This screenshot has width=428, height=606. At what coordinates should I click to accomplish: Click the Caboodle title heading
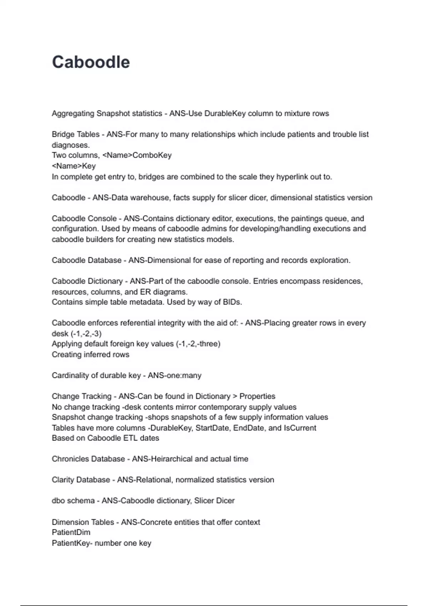(91, 62)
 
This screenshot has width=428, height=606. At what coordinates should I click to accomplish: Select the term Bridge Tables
(76, 134)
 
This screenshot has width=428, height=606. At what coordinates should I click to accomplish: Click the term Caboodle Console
(84, 219)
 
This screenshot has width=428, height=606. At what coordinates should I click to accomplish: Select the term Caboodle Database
(87, 260)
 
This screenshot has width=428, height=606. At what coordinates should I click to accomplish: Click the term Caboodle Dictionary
(87, 281)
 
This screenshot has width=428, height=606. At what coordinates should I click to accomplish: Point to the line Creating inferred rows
(91, 355)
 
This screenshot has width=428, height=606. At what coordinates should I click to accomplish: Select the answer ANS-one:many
(174, 375)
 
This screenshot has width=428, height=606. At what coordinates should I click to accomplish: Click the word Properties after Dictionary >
(257, 396)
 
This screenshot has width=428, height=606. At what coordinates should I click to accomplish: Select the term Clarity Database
(81, 480)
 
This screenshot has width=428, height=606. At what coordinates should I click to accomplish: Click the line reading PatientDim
(71, 533)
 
